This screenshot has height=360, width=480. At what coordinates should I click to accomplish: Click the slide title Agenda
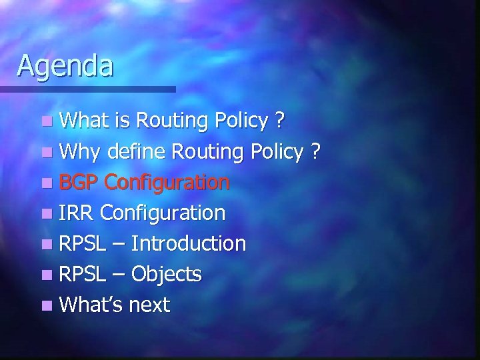(65, 66)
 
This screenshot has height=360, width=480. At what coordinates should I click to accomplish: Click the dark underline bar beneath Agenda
(87, 89)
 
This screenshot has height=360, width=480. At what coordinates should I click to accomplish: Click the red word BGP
(79, 183)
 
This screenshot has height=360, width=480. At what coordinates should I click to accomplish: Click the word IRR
(77, 213)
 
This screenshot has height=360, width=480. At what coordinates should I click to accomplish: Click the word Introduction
(189, 243)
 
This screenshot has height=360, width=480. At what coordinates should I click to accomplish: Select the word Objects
(166, 274)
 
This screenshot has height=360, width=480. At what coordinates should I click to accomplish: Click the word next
(148, 305)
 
